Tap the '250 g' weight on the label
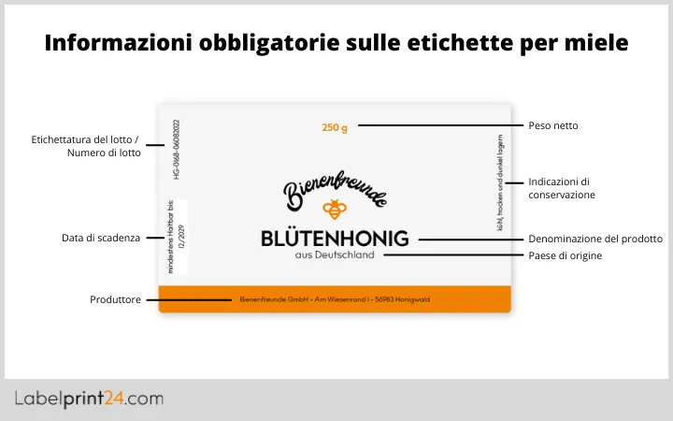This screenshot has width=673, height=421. click(334, 127)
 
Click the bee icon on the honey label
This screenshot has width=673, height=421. click(334, 209)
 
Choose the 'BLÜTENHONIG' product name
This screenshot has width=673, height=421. click(335, 240)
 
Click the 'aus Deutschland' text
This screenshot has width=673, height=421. click(334, 255)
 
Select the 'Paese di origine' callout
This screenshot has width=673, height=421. click(565, 255)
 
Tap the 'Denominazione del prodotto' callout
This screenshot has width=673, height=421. click(595, 239)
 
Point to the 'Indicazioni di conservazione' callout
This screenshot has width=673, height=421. click(562, 188)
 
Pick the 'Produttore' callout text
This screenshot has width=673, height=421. click(115, 300)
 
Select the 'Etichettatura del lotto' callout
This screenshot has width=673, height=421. click(85, 146)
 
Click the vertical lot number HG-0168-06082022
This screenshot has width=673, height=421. click(177, 149)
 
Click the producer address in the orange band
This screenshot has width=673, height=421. click(335, 300)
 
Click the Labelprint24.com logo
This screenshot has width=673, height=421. click(89, 399)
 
